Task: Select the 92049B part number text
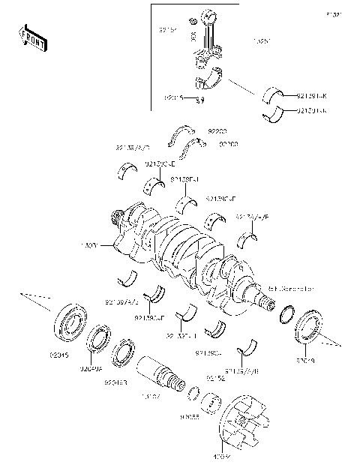click(x=116, y=382)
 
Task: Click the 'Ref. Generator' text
click(x=289, y=288)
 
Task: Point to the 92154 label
click(x=216, y=379)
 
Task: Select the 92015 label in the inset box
click(x=174, y=98)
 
